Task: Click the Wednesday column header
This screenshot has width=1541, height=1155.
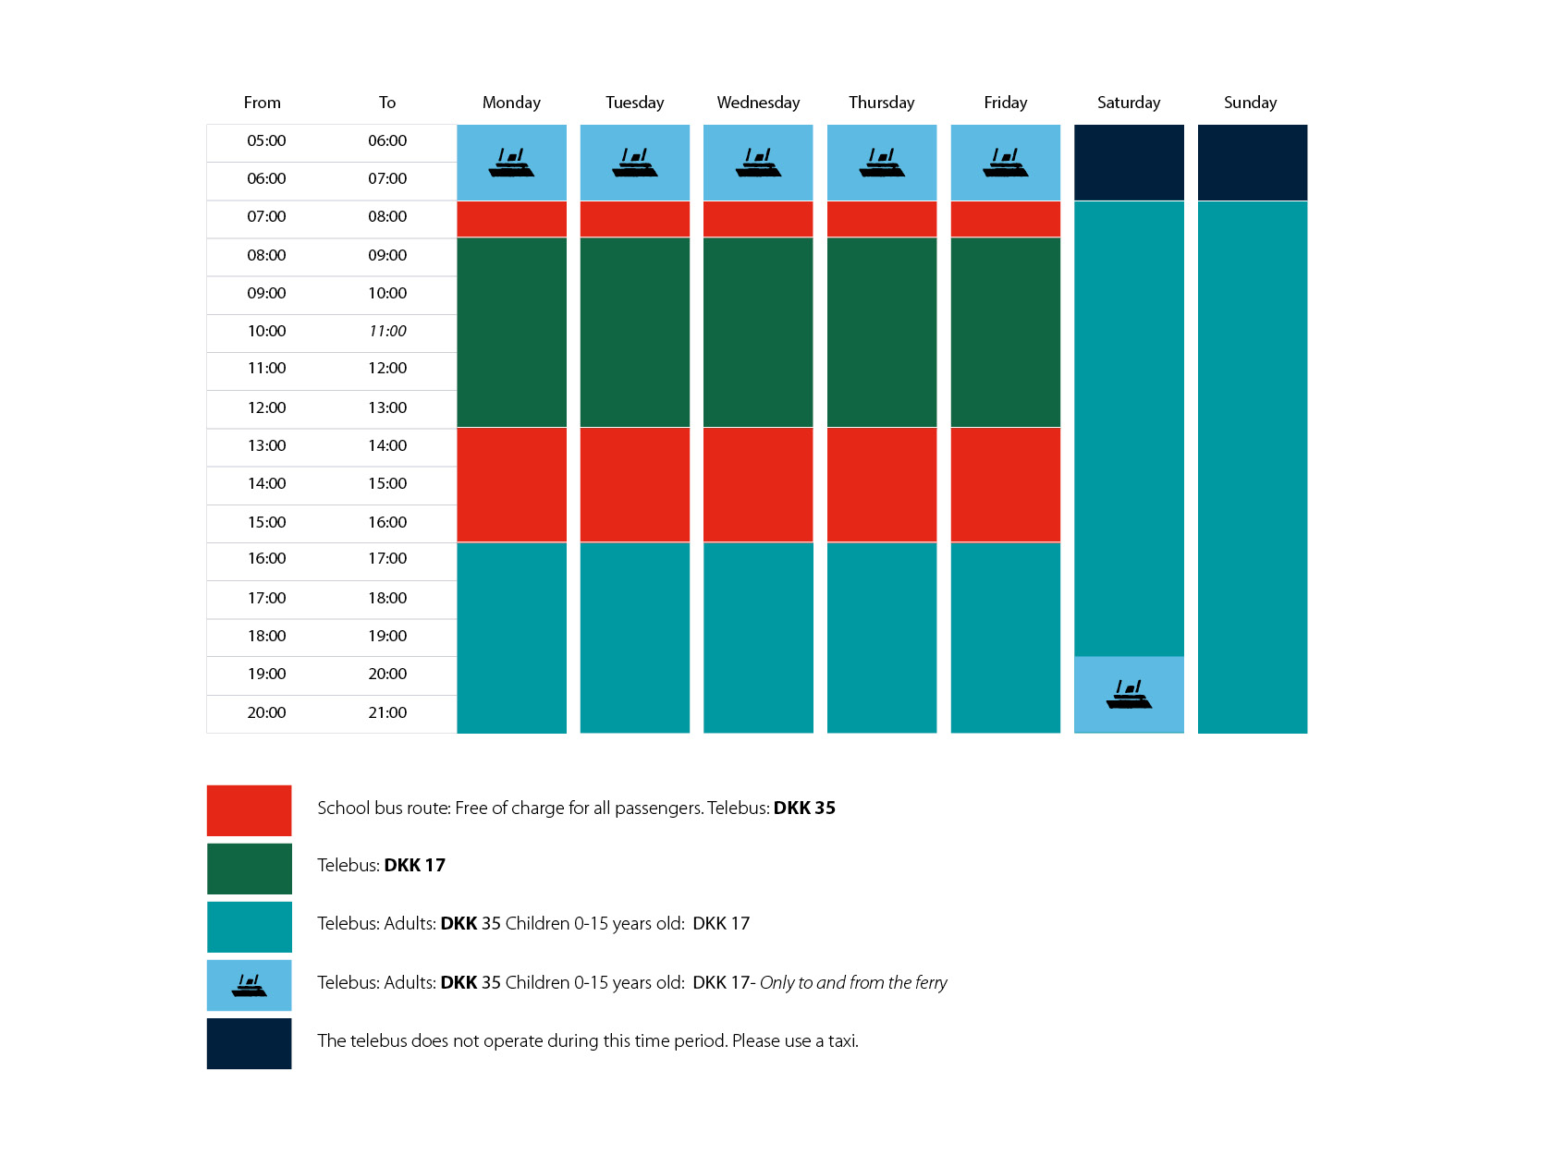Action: click(758, 103)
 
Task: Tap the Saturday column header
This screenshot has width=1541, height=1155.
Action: click(1128, 103)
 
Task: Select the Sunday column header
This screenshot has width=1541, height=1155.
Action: click(1250, 103)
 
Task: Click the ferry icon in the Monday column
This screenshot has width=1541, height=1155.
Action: click(511, 163)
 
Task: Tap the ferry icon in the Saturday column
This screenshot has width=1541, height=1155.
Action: click(1129, 694)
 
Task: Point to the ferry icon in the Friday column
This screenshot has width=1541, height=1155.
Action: click(1006, 163)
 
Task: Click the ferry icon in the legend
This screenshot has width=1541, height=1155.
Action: click(249, 985)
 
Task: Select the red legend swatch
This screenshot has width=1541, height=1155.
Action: click(249, 810)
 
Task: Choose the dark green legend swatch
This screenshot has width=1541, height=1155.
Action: click(249, 869)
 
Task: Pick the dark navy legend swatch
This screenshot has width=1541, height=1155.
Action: click(249, 1043)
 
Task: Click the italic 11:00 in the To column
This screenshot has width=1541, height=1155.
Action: click(387, 331)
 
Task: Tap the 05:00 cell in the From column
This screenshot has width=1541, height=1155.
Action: click(266, 140)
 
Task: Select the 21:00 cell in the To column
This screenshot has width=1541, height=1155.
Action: click(387, 712)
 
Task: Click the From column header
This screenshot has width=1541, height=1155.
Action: click(262, 103)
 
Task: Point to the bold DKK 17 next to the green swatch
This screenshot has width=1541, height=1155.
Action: click(414, 865)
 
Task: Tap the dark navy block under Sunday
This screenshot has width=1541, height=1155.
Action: click(1252, 163)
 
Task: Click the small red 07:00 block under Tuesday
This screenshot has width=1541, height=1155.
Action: click(634, 219)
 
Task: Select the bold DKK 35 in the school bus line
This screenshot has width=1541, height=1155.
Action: click(804, 808)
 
